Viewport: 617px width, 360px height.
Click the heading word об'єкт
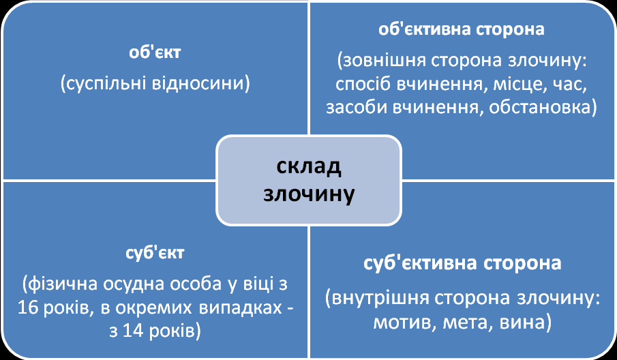[155, 52]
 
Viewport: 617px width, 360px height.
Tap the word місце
[520, 85]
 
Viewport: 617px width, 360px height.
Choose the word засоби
[357, 108]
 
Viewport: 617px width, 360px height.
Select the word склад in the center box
[308, 166]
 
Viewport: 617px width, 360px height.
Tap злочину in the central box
[309, 194]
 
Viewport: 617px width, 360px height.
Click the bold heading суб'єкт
[155, 252]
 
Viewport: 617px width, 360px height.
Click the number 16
[28, 307]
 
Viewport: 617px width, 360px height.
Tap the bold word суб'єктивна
[417, 263]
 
